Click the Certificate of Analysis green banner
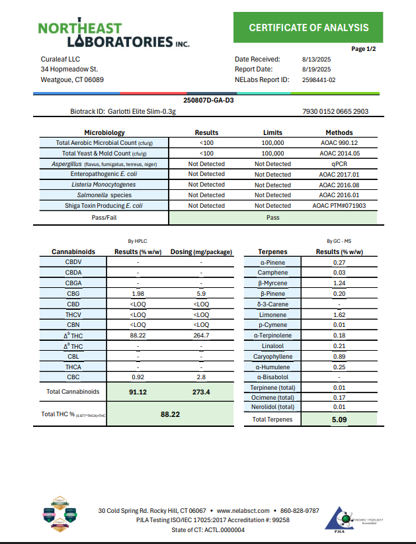[308, 27]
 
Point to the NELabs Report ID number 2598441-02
[319, 79]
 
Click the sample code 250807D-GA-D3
[208, 101]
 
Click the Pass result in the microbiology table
[272, 216]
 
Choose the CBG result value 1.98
[138, 293]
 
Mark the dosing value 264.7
[201, 336]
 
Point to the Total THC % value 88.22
[171, 414]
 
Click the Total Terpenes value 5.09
[339, 419]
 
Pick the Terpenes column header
[272, 252]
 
